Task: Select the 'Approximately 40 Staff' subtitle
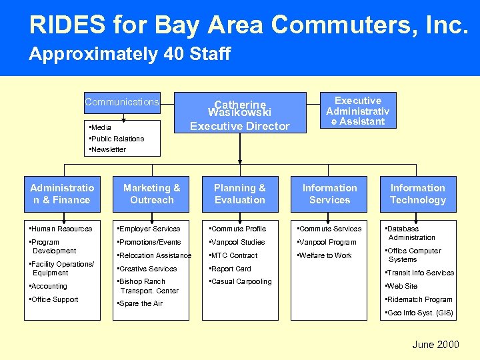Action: click(x=129, y=54)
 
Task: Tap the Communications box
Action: click(x=122, y=102)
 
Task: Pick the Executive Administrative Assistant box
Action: click(x=357, y=111)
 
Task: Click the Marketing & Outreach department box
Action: click(x=152, y=194)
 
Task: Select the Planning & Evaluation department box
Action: click(x=239, y=194)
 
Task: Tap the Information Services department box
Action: click(x=329, y=194)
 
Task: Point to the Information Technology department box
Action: click(x=417, y=194)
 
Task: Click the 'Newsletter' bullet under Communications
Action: click(x=109, y=149)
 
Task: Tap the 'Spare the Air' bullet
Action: click(x=141, y=303)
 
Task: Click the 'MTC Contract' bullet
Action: click(x=235, y=255)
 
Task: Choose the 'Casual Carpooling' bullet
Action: click(x=242, y=281)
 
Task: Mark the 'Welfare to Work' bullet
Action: click(x=326, y=255)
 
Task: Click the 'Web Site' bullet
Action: click(x=403, y=286)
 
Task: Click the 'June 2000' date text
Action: click(x=435, y=345)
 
